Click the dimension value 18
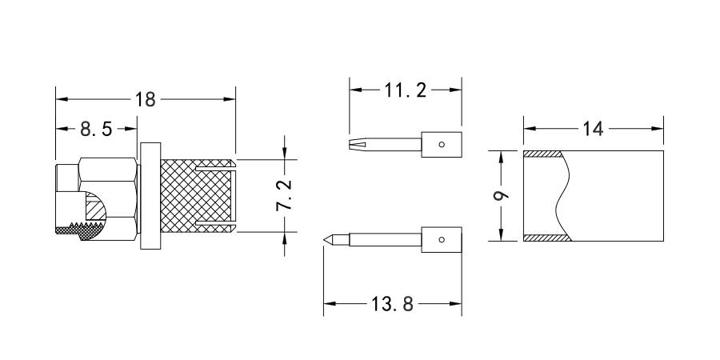146,99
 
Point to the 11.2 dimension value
406,90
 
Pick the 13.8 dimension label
393,305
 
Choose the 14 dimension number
594,128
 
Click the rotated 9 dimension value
500,195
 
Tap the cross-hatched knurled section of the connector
178,196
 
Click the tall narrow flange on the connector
150,196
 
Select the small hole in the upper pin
443,145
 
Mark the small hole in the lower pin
443,238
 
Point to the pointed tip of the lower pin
326,238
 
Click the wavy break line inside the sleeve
562,196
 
